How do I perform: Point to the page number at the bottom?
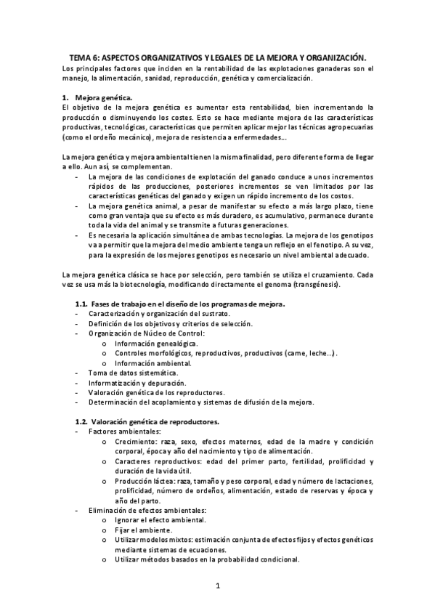217,585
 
